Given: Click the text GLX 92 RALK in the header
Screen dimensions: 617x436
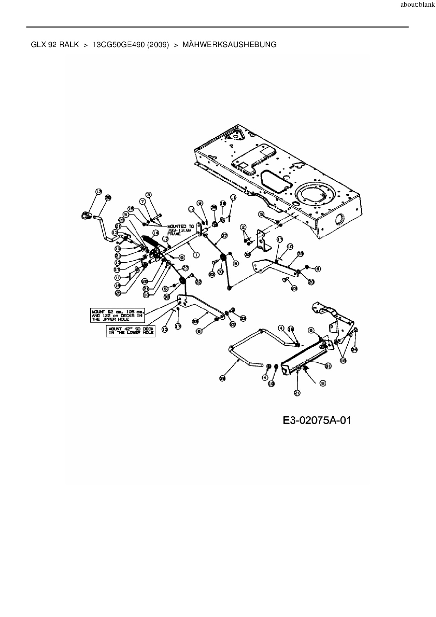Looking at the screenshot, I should (x=55, y=45).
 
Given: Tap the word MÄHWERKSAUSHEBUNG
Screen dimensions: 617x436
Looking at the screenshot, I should (x=230, y=45).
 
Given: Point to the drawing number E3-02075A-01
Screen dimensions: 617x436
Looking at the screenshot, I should (x=317, y=420).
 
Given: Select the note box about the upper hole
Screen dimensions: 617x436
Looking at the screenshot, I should (x=117, y=315).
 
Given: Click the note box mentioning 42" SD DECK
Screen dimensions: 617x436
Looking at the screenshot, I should (x=130, y=331).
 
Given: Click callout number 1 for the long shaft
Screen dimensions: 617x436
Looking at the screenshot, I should (x=195, y=254).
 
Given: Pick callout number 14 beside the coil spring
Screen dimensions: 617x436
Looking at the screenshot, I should (x=155, y=233).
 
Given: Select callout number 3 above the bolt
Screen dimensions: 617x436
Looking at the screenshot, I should (x=148, y=194).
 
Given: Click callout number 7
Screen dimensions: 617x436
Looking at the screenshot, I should (x=142, y=202).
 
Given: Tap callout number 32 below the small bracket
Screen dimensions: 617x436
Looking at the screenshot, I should (x=248, y=253).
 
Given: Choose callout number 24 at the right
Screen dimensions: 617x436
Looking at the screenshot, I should (x=354, y=350).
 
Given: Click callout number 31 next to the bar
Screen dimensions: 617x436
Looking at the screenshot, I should (x=328, y=366).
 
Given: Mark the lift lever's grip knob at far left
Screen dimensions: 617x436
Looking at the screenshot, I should (x=85, y=215).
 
